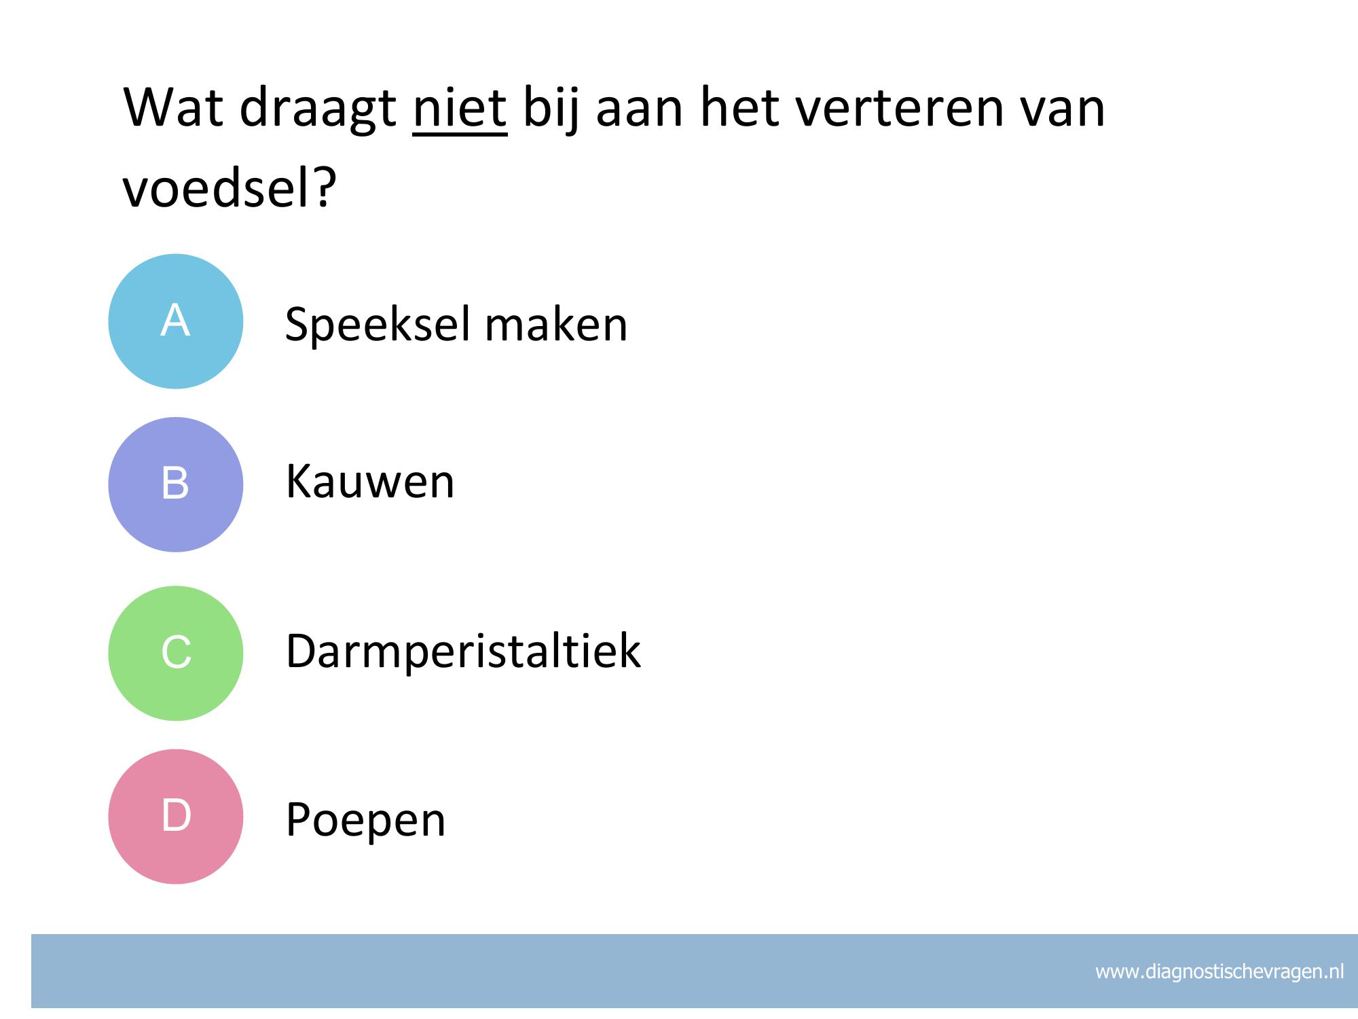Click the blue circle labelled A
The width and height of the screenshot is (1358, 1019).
coord(176,321)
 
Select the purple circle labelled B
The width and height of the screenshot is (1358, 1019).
coord(176,484)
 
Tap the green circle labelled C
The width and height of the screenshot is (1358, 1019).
coord(176,653)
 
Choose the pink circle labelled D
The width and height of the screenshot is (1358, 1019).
coord(176,816)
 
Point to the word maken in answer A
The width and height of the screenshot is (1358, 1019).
coord(556,324)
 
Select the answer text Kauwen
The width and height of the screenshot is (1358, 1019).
coord(370,482)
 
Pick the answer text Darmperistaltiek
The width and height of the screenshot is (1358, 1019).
coord(464,651)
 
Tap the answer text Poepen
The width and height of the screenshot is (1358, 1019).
coord(366,821)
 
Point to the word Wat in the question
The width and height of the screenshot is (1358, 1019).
coord(173,107)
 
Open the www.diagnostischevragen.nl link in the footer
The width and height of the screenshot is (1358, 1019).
coord(1219,972)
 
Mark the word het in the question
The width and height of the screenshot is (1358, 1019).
coord(739,107)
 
